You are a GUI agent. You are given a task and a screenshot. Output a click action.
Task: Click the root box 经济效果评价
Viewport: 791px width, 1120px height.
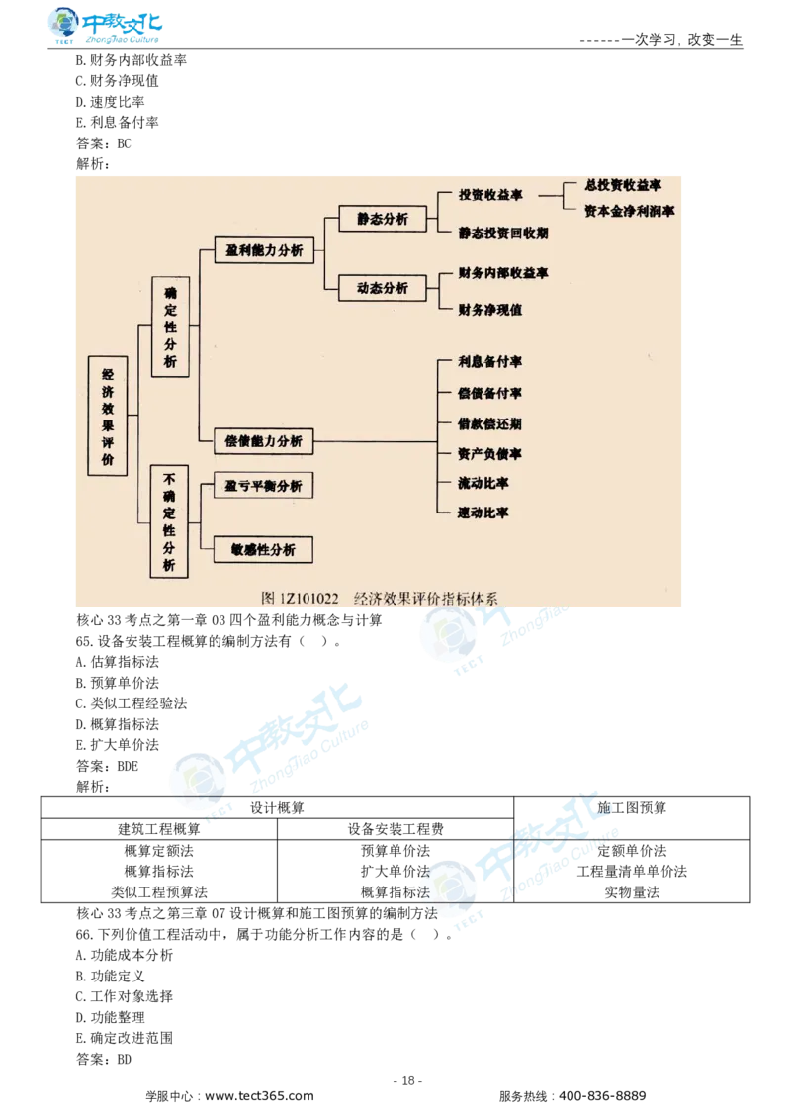(108, 417)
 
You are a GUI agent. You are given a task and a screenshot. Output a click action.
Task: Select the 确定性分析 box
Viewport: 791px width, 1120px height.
(170, 327)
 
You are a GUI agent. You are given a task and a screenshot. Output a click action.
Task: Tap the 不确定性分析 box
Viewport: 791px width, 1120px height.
(170, 520)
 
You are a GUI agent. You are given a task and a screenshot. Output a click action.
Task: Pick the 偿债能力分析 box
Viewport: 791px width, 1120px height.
(264, 441)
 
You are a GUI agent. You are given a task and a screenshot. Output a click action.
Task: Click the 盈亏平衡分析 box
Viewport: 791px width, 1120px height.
(264, 487)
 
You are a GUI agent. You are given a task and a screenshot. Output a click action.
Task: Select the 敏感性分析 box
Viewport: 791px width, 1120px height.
(264, 549)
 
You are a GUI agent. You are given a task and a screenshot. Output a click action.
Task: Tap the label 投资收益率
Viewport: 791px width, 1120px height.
(490, 195)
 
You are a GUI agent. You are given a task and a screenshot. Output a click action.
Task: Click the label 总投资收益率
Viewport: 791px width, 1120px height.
(623, 185)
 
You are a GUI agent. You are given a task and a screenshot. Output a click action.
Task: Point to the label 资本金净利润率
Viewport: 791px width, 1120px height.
(630, 211)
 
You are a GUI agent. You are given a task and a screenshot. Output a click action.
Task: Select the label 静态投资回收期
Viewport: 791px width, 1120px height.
(503, 233)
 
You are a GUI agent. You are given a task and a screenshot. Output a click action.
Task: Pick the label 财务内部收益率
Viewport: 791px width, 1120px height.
(503, 272)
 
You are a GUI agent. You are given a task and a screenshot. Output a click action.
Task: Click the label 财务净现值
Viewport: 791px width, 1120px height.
(490, 310)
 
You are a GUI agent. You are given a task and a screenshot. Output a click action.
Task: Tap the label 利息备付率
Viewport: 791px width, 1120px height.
(490, 362)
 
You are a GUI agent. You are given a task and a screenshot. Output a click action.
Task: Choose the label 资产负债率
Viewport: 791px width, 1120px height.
(490, 454)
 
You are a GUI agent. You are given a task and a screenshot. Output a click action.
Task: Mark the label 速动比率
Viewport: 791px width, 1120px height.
(484, 513)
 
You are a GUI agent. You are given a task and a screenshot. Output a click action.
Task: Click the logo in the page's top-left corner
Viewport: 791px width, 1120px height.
(106, 27)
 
